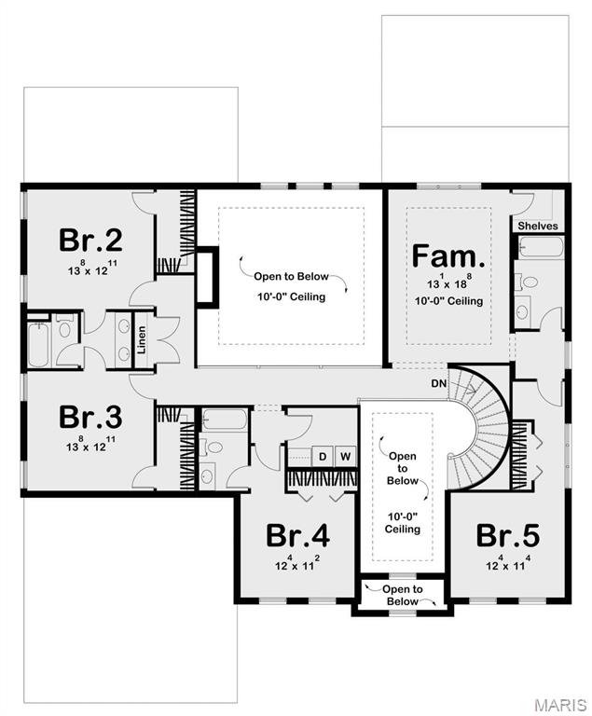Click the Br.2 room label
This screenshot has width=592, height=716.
[91, 240]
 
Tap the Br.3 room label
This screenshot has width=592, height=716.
[91, 416]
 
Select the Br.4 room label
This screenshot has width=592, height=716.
[297, 536]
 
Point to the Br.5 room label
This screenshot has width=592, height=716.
[508, 536]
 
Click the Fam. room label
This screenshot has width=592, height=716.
[448, 255]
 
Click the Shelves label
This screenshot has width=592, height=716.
[537, 226]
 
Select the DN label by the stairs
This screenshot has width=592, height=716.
[438, 383]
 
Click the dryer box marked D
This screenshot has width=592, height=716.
[323, 456]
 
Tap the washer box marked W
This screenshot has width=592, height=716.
[344, 456]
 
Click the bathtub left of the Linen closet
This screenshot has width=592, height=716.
[40, 344]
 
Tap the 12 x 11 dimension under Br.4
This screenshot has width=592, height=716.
[297, 564]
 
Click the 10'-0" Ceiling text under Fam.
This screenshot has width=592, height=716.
[448, 301]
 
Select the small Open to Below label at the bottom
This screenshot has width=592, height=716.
[403, 595]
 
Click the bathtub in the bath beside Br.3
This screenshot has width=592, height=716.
[225, 419]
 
